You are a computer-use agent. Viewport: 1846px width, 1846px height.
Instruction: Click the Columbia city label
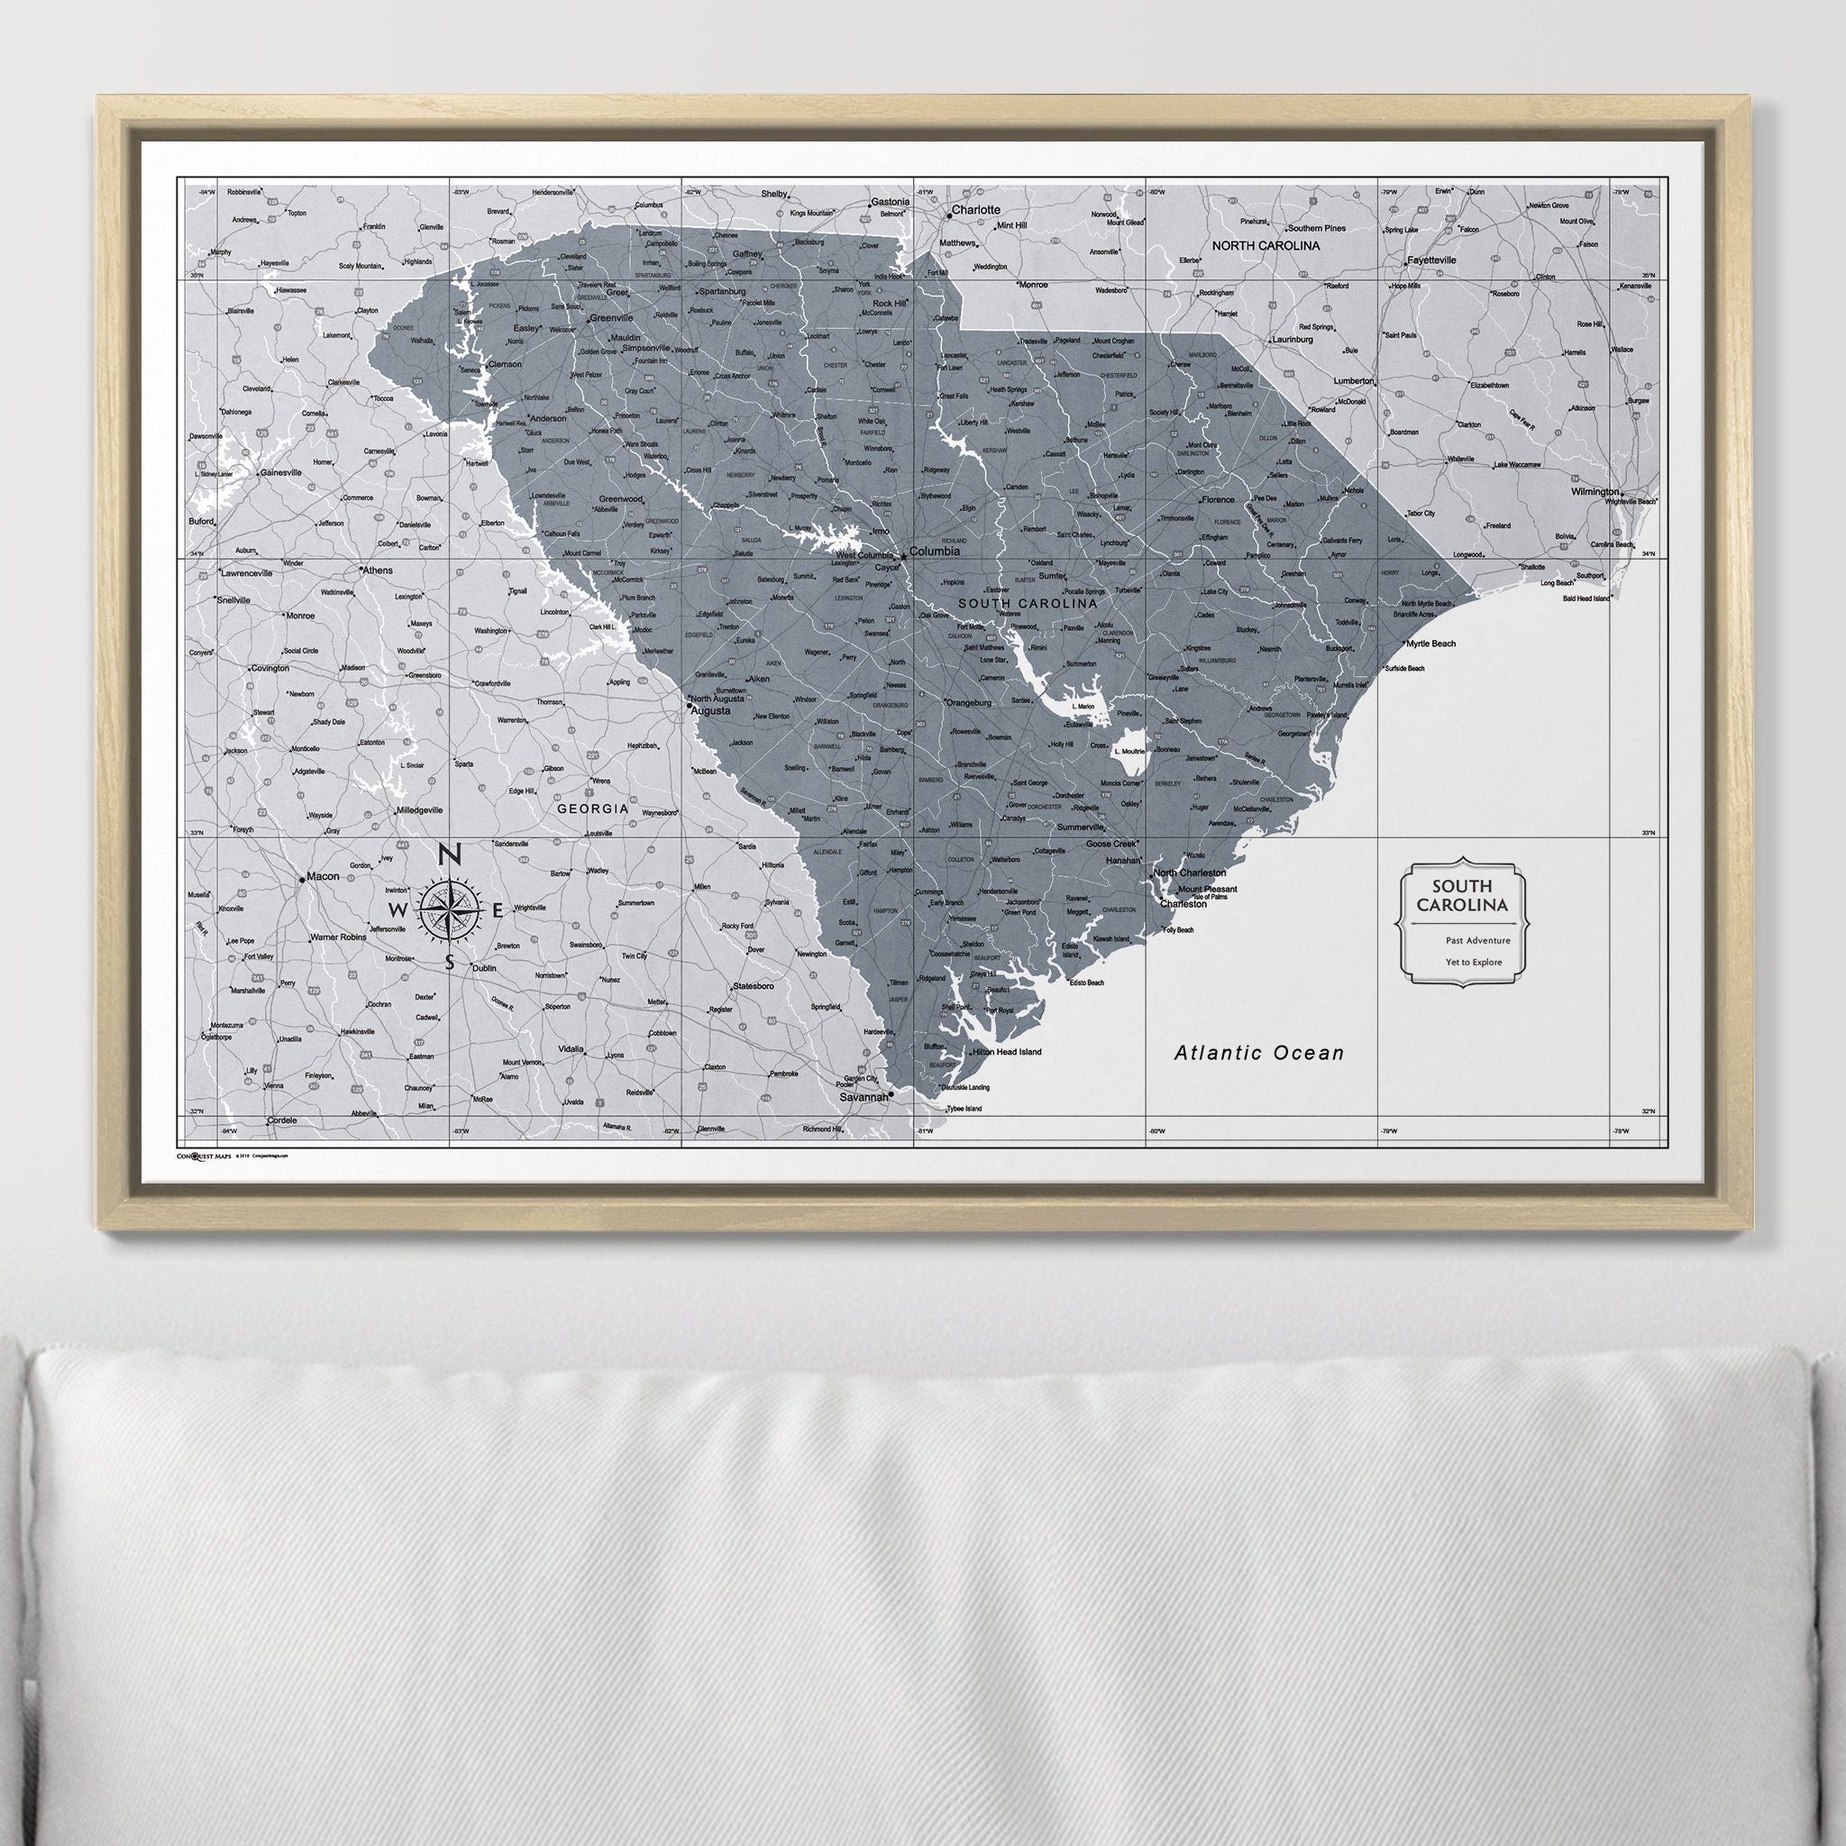coord(935,552)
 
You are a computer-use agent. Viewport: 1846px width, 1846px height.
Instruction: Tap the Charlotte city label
coord(975,209)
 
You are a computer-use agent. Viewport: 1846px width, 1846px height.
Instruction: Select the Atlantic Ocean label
coord(1258,1053)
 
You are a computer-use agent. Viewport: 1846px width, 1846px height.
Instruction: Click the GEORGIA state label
coord(593,809)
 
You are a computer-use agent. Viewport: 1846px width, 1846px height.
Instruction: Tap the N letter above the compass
coord(450,855)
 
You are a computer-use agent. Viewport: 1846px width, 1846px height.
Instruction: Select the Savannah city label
coord(863,1098)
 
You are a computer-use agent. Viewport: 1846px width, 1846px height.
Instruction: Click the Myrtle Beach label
coord(1430,644)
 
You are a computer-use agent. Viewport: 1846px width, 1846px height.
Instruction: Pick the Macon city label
coord(323,876)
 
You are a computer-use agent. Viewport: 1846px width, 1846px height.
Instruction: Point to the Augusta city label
coord(711,711)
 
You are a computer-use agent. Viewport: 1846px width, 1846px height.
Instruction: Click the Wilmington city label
coord(1595,492)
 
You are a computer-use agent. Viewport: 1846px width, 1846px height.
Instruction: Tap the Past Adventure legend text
coord(1478,940)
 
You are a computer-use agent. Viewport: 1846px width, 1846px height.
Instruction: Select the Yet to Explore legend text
coord(1474,962)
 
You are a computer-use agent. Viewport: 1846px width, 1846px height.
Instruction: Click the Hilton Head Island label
coord(1006,1052)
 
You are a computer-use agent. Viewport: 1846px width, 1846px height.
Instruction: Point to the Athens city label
coord(377,571)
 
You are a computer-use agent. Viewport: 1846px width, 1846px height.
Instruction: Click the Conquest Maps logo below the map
coord(204,1156)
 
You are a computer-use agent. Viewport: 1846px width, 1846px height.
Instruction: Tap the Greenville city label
coord(611,318)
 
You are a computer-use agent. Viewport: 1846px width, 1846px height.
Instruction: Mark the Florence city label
coord(1219,499)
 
